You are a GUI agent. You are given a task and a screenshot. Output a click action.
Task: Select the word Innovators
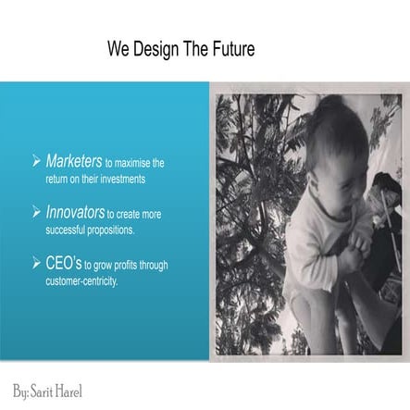click(x=75, y=213)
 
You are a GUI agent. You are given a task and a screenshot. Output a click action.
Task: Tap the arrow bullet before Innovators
click(x=37, y=214)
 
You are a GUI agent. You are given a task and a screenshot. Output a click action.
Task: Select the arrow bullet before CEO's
click(x=37, y=265)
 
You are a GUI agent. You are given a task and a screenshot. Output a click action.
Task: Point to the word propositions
click(x=110, y=229)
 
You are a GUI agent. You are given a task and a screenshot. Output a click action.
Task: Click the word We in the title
click(x=117, y=47)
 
